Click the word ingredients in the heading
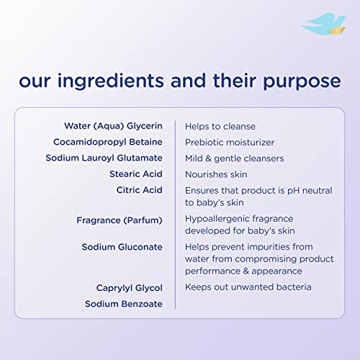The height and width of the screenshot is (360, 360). pos(111,81)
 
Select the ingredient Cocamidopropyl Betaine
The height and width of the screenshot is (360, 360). pos(108,142)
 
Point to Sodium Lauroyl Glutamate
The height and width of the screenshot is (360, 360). pos(104,158)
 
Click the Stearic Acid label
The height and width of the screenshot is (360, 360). pos(136,174)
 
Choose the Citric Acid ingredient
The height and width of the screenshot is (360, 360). pos(140,190)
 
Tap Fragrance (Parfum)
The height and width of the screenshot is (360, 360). pos(120,220)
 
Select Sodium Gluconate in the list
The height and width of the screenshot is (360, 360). pos(122,247)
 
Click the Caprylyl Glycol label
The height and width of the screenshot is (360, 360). pos(130,288)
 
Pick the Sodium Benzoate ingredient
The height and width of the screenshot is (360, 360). pos(124,304)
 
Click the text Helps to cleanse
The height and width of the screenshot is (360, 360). pos(220,127)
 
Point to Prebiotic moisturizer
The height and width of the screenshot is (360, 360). pos(230,143)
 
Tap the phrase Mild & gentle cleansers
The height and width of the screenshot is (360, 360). pos(234,158)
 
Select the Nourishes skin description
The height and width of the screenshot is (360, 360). pos(216,174)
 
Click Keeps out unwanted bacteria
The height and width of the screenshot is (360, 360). pos(248,287)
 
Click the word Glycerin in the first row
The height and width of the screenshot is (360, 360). pos(145,126)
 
